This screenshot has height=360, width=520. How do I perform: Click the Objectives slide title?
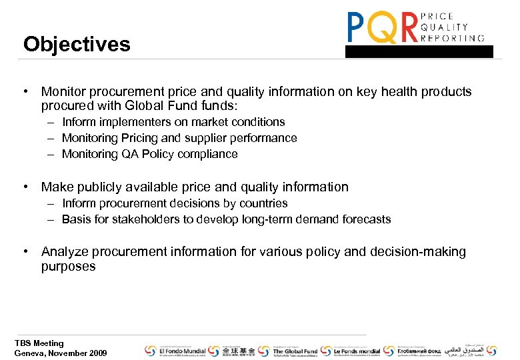point(77,45)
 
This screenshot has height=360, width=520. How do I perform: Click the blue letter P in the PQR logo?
point(357,28)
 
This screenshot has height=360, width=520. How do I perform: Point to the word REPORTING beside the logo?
point(454,38)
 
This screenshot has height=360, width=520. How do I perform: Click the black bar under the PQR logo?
point(419,51)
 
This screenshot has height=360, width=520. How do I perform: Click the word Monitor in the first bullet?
point(64,92)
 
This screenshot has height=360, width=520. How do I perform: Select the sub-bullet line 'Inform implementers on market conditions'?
point(173,122)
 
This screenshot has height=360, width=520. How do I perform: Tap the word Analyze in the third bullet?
point(64,252)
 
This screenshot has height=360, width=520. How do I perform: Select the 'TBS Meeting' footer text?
point(39,343)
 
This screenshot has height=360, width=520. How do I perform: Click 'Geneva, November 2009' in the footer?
point(60,353)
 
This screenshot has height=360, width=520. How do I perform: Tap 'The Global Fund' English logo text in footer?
point(295,351)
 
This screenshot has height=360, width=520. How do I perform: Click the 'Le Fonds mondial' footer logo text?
point(357,351)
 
